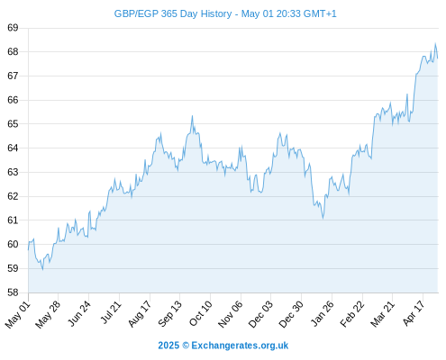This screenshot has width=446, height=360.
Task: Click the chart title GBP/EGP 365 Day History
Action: click(x=173, y=14)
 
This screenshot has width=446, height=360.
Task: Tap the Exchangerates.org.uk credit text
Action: click(x=240, y=346)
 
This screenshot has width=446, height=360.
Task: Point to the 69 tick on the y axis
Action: click(x=13, y=28)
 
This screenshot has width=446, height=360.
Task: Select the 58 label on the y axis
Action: click(x=13, y=292)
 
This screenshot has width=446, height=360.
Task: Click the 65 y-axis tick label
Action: click(x=13, y=124)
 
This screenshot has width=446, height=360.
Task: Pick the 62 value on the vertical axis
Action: click(x=13, y=196)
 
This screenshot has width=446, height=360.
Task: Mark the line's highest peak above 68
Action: click(x=435, y=43)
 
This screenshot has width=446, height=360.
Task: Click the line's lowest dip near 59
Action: click(x=42, y=269)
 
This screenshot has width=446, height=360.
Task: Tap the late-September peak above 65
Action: click(x=192, y=116)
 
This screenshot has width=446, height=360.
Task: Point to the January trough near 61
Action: click(x=323, y=219)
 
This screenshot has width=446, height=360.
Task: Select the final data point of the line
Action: click(x=438, y=58)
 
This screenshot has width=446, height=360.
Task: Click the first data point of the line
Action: click(x=29, y=249)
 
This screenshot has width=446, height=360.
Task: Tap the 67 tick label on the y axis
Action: click(x=13, y=76)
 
